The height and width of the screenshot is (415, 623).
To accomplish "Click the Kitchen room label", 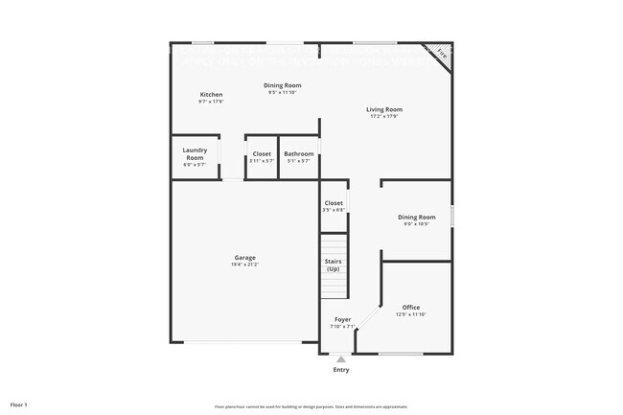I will tap(211, 94).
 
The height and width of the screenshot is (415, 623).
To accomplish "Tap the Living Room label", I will tap(382, 109).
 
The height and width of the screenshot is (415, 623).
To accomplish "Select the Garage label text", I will tap(244, 257).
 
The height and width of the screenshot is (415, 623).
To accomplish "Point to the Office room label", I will tap(410, 307).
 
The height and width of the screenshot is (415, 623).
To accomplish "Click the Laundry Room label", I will tap(195, 153).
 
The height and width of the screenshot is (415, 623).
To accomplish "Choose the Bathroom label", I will tap(298, 153).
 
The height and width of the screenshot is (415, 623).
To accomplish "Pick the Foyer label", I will tap(342, 319).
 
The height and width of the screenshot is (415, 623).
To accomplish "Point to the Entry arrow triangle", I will tap(341, 359).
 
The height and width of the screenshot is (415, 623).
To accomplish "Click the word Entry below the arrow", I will tap(341, 370).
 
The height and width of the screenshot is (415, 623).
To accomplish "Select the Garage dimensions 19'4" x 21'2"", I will tap(244, 265).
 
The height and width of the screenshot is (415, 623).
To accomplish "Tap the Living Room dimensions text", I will tap(382, 117).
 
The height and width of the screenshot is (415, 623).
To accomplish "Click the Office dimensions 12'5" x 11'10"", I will tap(410, 314).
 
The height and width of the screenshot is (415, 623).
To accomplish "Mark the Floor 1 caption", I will tap(19, 404).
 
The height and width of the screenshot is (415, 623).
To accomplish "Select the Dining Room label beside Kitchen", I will tap(283, 85).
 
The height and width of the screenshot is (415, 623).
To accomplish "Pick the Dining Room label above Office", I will tap(417, 217).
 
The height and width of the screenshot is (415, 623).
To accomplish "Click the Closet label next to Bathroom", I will tap(262, 153).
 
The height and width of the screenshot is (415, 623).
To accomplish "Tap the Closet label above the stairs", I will tap(334, 203).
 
